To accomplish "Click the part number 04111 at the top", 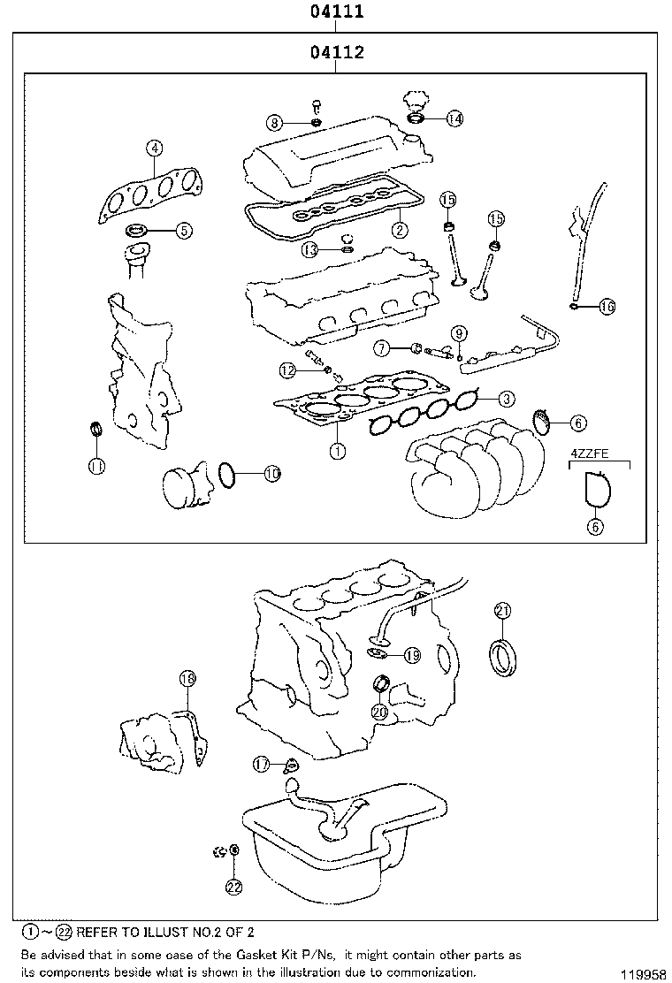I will [337, 11].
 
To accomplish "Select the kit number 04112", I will [337, 53].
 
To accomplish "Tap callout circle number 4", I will [154, 149].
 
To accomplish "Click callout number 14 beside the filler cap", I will [454, 118].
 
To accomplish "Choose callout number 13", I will [309, 249].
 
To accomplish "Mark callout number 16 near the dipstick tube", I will [607, 307].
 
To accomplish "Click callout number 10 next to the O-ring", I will [271, 475].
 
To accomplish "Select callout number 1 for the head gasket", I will [337, 450].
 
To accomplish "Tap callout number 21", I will [502, 610].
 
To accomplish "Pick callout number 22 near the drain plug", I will [233, 887].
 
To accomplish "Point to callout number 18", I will [187, 679].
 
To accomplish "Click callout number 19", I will [412, 655].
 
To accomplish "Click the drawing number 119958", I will [643, 973].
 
